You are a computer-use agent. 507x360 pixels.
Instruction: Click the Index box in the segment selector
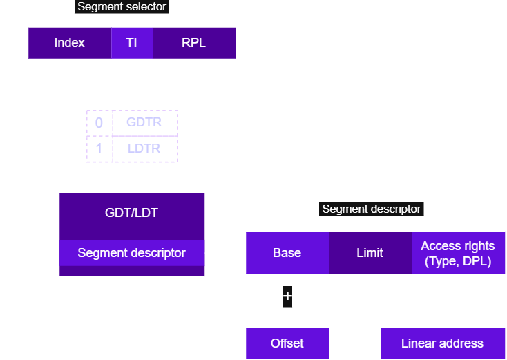click(69, 43)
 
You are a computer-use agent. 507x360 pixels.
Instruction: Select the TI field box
click(131, 43)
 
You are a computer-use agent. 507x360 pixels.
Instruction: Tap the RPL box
click(193, 43)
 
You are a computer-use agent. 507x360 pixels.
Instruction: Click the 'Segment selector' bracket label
click(121, 7)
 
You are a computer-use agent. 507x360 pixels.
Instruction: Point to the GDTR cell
click(144, 122)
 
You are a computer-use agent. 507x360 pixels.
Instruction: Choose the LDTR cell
click(144, 149)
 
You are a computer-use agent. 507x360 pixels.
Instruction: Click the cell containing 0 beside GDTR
click(99, 122)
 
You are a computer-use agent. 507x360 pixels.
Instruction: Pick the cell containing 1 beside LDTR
click(99, 149)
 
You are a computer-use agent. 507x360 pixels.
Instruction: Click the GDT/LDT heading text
click(131, 212)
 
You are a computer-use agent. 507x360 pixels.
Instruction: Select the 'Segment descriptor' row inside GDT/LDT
click(131, 253)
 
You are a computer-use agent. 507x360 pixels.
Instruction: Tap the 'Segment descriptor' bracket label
click(371, 209)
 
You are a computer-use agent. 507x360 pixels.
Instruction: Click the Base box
click(287, 253)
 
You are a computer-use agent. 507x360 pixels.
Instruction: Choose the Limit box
click(370, 253)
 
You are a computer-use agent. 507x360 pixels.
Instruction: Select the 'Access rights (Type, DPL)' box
click(458, 253)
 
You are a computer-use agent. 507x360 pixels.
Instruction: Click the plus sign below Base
click(287, 296)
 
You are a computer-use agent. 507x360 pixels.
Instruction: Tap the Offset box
click(287, 343)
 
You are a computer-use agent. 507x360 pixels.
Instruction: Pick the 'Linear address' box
click(442, 343)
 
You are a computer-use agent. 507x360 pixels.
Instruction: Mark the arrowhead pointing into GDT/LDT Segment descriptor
click(55, 253)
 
